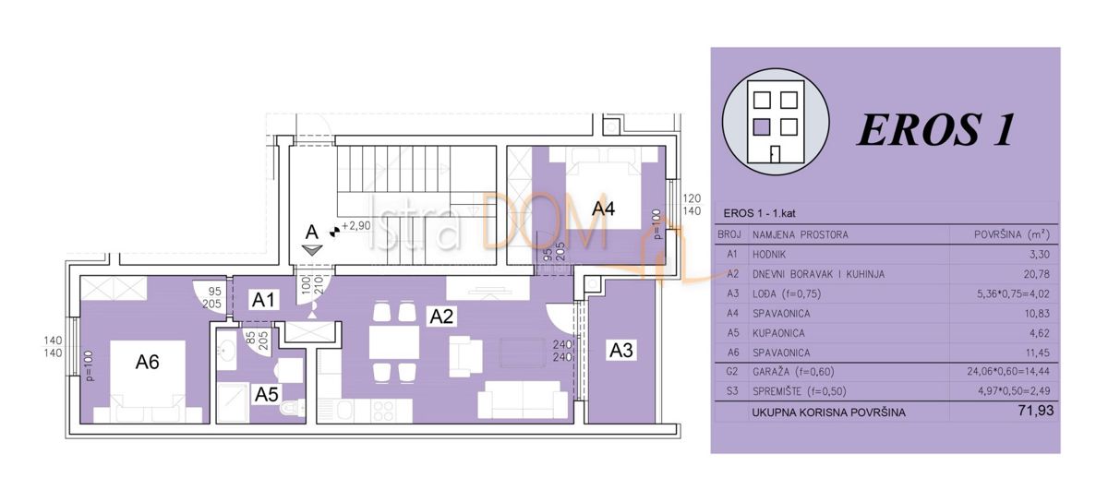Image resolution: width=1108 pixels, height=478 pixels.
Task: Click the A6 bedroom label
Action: tap(148, 363)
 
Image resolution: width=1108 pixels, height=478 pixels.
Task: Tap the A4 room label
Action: tap(602, 209)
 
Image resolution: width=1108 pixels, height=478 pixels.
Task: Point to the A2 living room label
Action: tap(441, 316)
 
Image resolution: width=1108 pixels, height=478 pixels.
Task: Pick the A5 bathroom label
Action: tap(267, 394)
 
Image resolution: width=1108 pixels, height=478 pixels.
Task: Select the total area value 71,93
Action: tap(1031, 411)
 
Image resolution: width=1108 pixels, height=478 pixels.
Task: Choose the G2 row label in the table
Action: tap(731, 370)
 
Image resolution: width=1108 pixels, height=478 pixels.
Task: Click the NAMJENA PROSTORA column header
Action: tap(800, 235)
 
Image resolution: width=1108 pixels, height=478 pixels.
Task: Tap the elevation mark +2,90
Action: tap(355, 225)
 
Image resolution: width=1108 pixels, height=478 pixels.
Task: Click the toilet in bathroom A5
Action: tap(292, 407)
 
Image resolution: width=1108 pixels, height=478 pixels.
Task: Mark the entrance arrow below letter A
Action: tap(313, 248)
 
